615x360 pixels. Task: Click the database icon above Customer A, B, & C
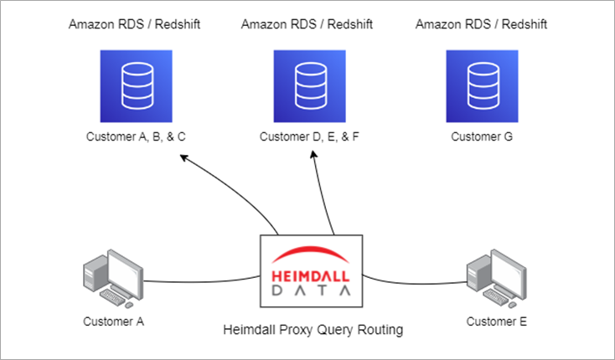pos(133,85)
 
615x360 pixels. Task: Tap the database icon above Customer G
pos(481,85)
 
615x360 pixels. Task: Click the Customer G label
pos(481,136)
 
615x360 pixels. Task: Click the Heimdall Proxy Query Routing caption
pos(313,330)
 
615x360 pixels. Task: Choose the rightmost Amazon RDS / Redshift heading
pos(481,24)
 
